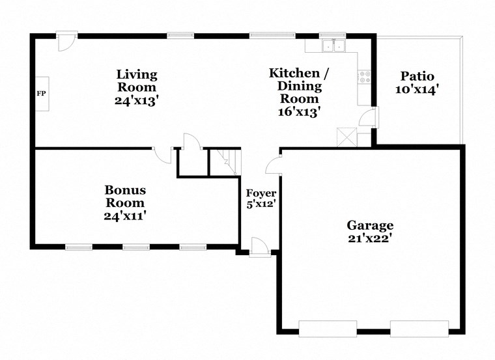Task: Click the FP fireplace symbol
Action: pyautogui.click(x=41, y=94)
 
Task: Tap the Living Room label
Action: pyautogui.click(x=137, y=81)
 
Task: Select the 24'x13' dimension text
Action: pyautogui.click(x=137, y=101)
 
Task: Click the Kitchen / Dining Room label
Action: pyautogui.click(x=295, y=85)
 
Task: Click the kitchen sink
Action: pyautogui.click(x=334, y=46)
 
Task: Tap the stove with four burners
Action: pyautogui.click(x=365, y=76)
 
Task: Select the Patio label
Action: pyautogui.click(x=417, y=76)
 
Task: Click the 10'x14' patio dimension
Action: pyautogui.click(x=417, y=89)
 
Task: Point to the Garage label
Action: pyautogui.click(x=369, y=225)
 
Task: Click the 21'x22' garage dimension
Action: pyautogui.click(x=369, y=238)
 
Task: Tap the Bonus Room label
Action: pyautogui.click(x=125, y=196)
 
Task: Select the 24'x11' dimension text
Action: pyautogui.click(x=125, y=215)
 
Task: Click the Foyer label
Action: pyautogui.click(x=261, y=193)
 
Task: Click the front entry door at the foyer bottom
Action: pyautogui.click(x=259, y=247)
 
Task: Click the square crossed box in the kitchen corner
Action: pyautogui.click(x=345, y=138)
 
